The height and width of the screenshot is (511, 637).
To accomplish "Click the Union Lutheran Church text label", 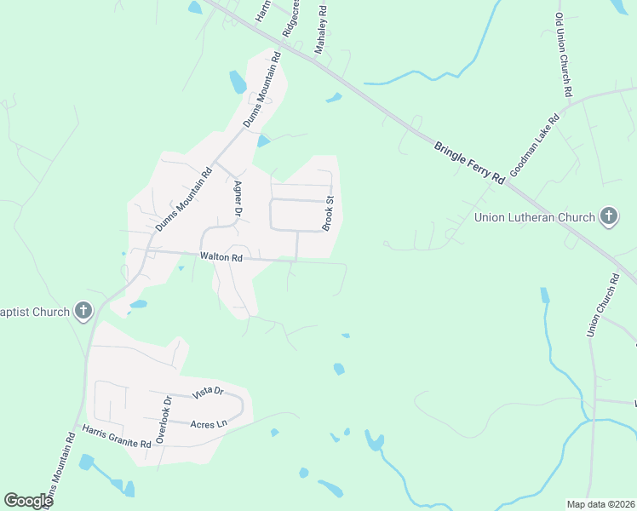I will tap(534, 218).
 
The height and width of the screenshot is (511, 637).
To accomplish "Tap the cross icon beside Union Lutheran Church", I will tap(608, 217).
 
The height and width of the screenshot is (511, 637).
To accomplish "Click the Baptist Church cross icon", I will tap(83, 311).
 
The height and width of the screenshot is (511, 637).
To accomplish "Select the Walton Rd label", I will tap(221, 256).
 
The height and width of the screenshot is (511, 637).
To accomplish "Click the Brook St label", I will tap(327, 213).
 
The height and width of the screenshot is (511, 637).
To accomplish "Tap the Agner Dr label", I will tap(238, 198).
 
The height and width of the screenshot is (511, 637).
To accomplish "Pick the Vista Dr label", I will tap(207, 393).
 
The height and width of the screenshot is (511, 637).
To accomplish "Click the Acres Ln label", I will tap(209, 424).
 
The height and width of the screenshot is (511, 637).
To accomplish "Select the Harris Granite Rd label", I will tap(117, 435).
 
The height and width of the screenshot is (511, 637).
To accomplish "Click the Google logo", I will tap(28, 501).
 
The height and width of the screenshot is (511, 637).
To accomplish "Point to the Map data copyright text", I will tap(600, 504).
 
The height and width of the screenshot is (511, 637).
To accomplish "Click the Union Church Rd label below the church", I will tap(602, 305).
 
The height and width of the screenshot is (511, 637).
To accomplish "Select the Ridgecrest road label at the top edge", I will tap(292, 17).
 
